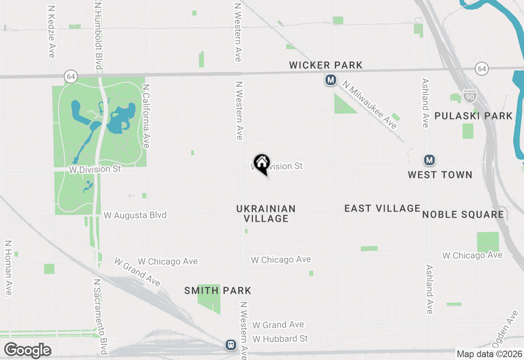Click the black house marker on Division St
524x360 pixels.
click(x=262, y=163)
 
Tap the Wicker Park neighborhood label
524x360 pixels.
click(x=326, y=65)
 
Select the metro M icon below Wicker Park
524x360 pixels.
click(x=331, y=80)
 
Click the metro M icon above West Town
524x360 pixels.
click(x=429, y=160)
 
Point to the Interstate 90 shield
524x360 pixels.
click(x=470, y=96)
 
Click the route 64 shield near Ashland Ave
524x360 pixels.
click(x=482, y=69)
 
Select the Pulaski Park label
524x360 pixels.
click(x=473, y=116)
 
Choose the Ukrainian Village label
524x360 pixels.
click(x=266, y=214)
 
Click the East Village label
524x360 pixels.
click(x=382, y=208)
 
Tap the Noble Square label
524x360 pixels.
click(x=463, y=215)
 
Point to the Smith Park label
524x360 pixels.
click(x=218, y=291)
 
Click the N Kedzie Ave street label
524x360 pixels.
click(x=52, y=32)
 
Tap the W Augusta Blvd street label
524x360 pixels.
click(x=135, y=215)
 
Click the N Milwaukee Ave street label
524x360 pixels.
click(x=370, y=105)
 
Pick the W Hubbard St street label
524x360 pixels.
click(x=280, y=339)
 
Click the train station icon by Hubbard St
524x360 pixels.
click(x=231, y=344)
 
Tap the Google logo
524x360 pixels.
click(x=27, y=351)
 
